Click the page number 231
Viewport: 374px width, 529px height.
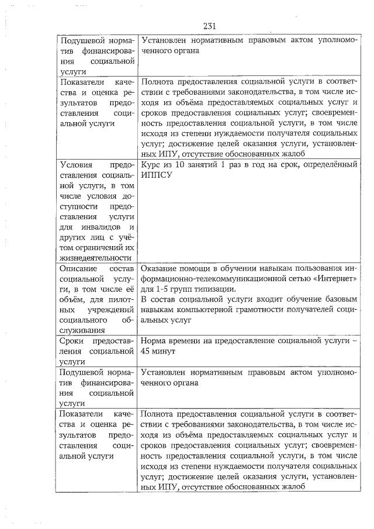pyautogui.click(x=210, y=26)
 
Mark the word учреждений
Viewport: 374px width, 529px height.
pyautogui.click(x=108, y=309)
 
